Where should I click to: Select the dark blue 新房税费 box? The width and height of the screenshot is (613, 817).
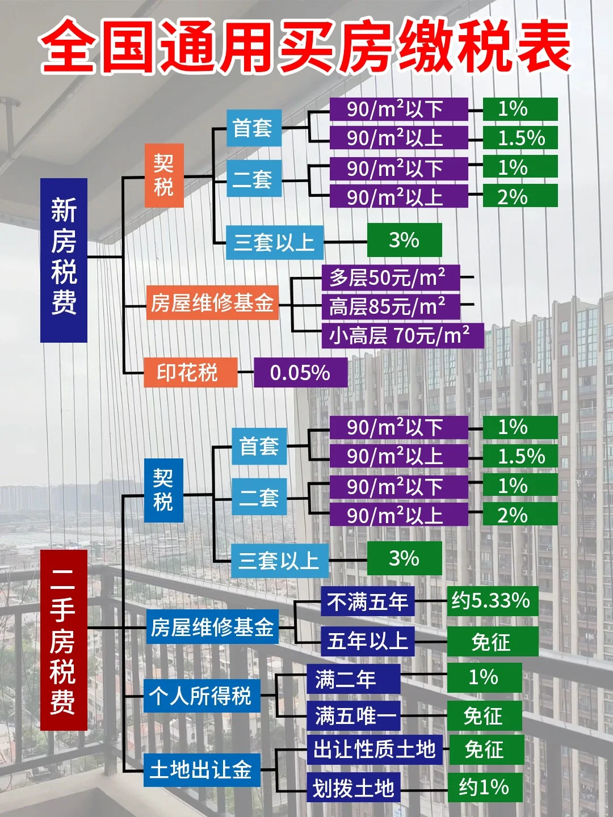coord(64,260)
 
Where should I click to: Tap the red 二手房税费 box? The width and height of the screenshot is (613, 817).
coord(64,639)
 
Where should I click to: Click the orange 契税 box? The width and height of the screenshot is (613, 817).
coord(163,175)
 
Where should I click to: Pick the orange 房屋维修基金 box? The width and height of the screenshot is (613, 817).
coord(212,303)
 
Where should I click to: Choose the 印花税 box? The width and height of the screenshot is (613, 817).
coord(190,373)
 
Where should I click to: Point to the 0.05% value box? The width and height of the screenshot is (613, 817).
coord(300,373)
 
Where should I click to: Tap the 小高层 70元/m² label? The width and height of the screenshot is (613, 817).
coord(402,335)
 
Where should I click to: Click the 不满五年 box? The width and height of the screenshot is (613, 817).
coord(367,601)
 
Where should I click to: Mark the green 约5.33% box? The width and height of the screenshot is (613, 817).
coord(492,601)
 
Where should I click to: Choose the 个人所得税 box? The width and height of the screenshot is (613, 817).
coord(201,696)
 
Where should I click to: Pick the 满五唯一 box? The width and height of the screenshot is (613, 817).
coord(354,715)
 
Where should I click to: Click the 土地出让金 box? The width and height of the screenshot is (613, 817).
coord(201,770)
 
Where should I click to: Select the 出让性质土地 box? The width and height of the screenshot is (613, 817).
coord(375,749)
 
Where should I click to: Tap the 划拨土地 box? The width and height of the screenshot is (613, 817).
coord(354,787)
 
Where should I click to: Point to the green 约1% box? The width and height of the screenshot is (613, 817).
coord(484,787)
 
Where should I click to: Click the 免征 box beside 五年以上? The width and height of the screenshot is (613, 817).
coord(492,642)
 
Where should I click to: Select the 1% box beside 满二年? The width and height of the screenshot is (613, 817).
coord(484,677)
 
